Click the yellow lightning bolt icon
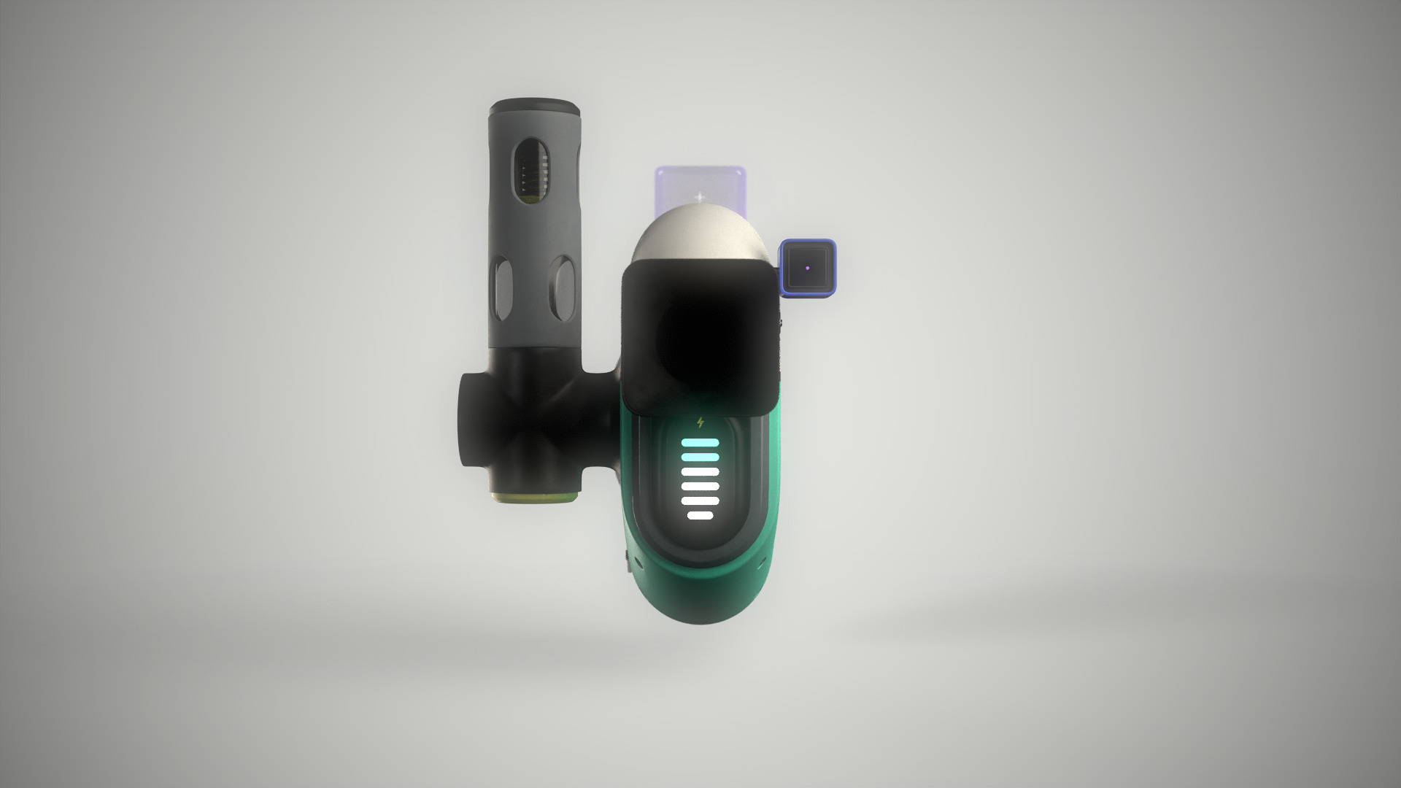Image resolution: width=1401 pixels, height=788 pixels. click(x=701, y=422)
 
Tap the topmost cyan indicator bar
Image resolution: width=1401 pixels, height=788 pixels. click(x=700, y=442)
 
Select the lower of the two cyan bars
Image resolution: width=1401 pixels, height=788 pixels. click(x=700, y=457)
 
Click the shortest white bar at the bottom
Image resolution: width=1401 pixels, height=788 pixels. click(x=700, y=516)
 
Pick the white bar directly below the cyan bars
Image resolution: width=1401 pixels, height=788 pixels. click(x=700, y=472)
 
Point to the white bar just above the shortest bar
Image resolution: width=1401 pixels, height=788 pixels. click(x=700, y=501)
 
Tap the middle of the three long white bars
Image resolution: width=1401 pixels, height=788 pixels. click(x=700, y=487)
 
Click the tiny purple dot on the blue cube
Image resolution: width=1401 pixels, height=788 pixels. click(x=808, y=267)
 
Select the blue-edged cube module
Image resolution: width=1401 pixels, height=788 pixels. click(x=808, y=269)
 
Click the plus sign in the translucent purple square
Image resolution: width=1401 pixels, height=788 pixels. click(x=700, y=197)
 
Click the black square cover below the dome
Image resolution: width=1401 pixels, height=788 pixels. click(x=699, y=336)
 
